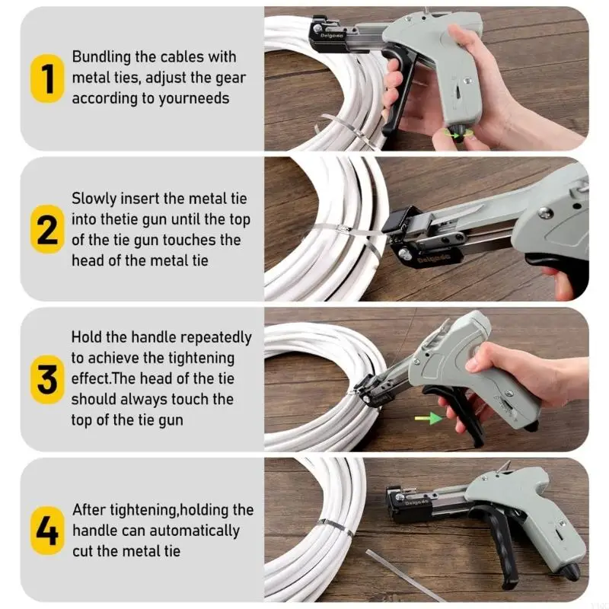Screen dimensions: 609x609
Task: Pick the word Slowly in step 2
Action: pos(94,199)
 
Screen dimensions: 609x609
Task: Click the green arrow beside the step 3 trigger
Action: pos(426,417)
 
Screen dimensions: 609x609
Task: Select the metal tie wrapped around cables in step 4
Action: pos(336,522)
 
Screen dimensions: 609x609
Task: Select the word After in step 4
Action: pos(89,510)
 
